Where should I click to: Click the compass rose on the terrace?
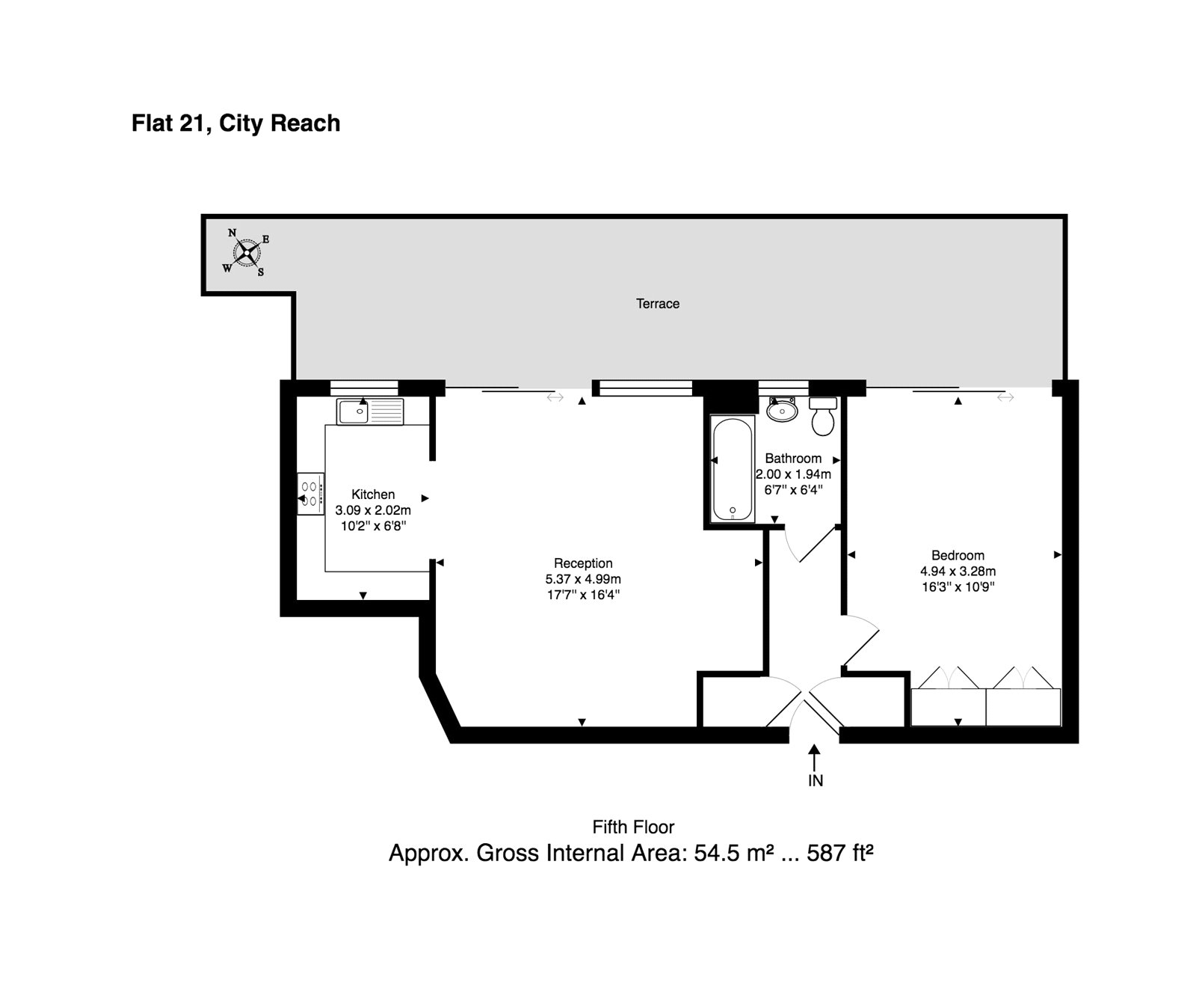click(246, 252)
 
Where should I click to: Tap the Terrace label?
click(658, 304)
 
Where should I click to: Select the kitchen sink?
click(370, 411)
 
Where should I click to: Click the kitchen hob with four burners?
click(311, 494)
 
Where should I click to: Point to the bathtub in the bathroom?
click(733, 469)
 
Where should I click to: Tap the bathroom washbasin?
click(783, 409)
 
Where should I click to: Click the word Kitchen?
click(373, 495)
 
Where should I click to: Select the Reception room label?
click(583, 563)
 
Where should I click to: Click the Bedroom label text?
click(958, 555)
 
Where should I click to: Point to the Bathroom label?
click(793, 459)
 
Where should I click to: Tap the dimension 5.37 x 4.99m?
click(583, 579)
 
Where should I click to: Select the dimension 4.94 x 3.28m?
click(958, 571)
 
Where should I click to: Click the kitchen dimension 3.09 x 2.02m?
click(373, 510)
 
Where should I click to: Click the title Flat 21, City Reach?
click(235, 123)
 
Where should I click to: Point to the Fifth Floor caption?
click(633, 827)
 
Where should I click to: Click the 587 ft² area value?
click(840, 852)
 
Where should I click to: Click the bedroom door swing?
click(862, 640)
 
